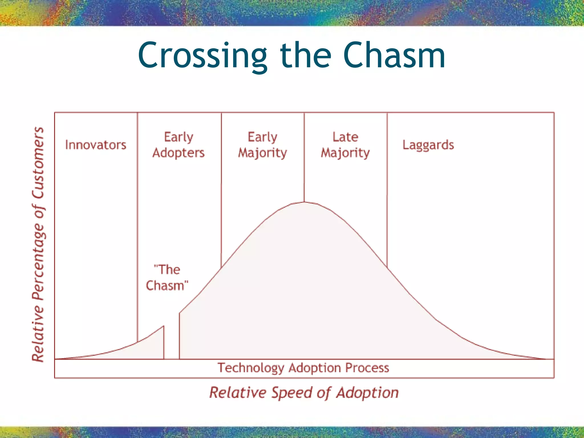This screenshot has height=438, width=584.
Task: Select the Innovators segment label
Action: pyautogui.click(x=96, y=145)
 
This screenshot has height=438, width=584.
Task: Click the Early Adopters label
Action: pyautogui.click(x=179, y=145)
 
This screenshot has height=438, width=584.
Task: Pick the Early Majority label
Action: pyautogui.click(x=262, y=145)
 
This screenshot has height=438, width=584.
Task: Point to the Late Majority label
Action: pyautogui.click(x=345, y=145)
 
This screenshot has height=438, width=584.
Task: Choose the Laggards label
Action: pyautogui.click(x=428, y=145)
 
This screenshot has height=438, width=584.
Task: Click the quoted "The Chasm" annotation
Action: pyautogui.click(x=167, y=277)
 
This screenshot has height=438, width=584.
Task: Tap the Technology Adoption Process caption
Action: pyautogui.click(x=303, y=368)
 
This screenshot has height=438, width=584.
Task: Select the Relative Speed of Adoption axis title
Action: pyautogui.click(x=304, y=392)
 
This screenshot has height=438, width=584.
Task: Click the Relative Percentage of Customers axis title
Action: pyautogui.click(x=38, y=244)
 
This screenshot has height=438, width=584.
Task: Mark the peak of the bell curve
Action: pyautogui.click(x=304, y=202)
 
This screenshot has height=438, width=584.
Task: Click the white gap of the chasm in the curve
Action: pyautogui.click(x=171, y=342)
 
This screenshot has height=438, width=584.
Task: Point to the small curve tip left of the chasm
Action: pyautogui.click(x=163, y=326)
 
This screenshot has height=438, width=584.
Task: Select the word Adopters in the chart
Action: pyautogui.click(x=179, y=153)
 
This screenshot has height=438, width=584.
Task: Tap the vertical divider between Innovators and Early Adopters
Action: pyautogui.click(x=137, y=228)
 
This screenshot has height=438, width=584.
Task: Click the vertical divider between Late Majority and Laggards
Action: pyautogui.click(x=387, y=188)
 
